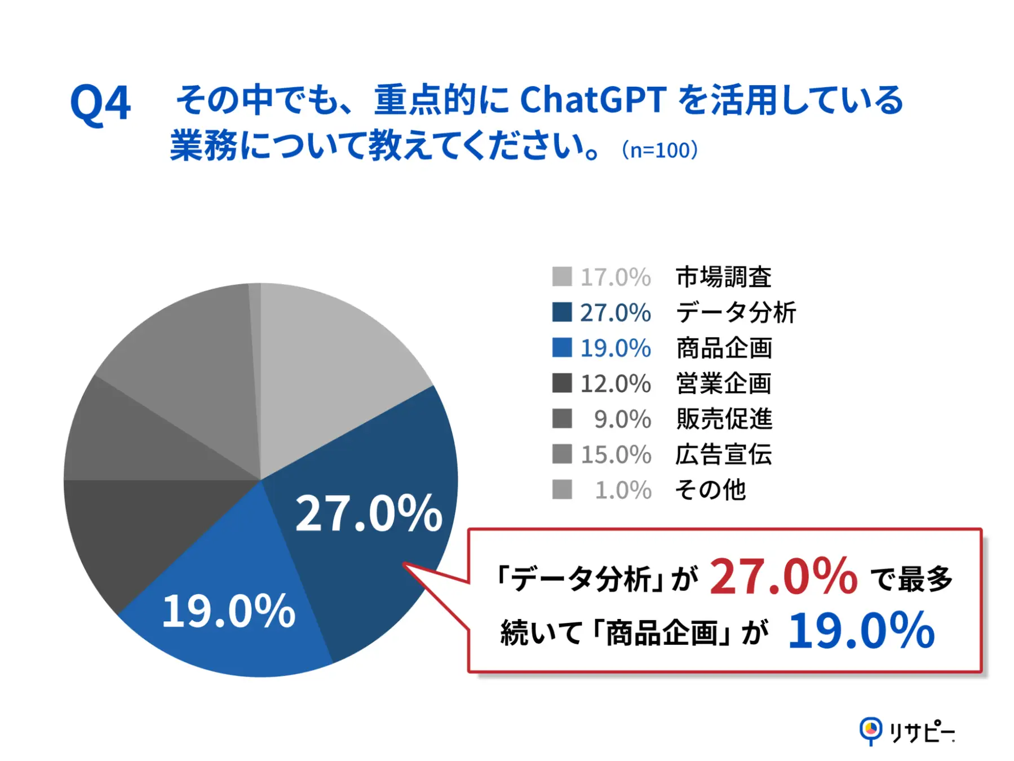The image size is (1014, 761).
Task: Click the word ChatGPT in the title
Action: tap(593, 100)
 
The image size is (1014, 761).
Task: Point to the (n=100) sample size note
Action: tap(659, 150)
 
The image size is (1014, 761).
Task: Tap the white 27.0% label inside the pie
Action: tap(369, 513)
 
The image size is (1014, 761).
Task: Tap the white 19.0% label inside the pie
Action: tap(228, 611)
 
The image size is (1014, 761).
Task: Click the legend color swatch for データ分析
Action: tap(561, 312)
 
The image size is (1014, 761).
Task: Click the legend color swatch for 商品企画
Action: tap(561, 348)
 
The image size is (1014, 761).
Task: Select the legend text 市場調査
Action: tap(724, 277)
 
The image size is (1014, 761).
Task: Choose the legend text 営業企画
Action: tap(724, 383)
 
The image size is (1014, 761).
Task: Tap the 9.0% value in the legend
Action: tap(622, 419)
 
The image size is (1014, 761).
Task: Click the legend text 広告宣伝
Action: tap(724, 454)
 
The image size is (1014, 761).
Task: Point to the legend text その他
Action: tap(710, 490)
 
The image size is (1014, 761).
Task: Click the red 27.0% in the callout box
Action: tap(783, 576)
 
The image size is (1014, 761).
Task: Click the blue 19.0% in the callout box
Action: tap(861, 631)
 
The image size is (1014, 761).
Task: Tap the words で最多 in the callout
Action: tap(911, 579)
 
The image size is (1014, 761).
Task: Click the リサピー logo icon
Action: tap(870, 731)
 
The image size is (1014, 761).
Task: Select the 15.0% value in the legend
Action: tap(616, 454)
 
